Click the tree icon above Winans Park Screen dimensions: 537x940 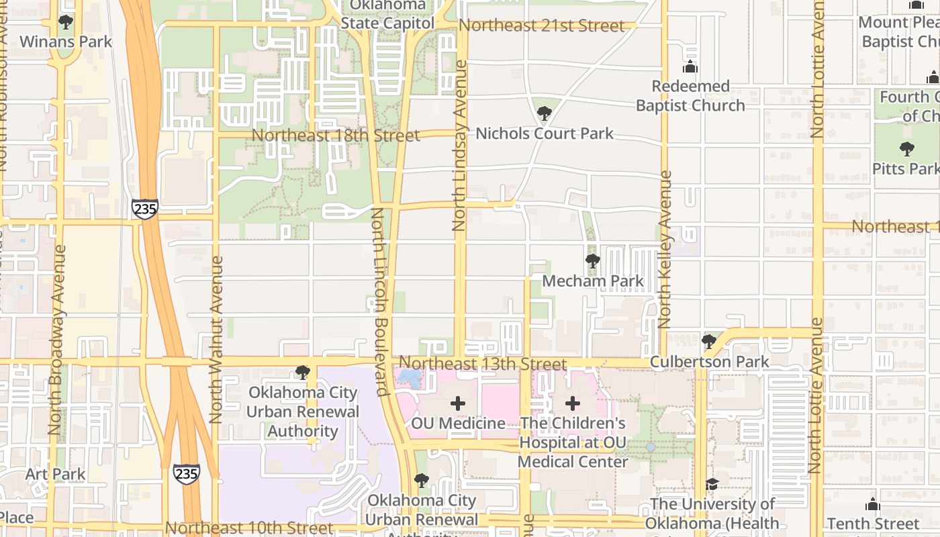click(66, 22)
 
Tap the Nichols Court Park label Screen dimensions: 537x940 click(544, 134)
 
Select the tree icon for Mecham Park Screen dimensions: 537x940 click(592, 261)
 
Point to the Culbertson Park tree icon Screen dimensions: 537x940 click(708, 342)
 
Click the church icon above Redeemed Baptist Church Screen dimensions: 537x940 click(690, 67)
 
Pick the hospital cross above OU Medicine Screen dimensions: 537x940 click(458, 403)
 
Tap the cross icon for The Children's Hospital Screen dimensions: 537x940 click(573, 403)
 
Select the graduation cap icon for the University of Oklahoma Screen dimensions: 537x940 click(712, 484)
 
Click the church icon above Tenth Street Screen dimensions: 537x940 click(872, 503)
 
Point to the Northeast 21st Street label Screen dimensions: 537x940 click(541, 26)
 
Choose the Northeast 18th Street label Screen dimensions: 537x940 click(336, 135)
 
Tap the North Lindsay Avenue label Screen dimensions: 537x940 click(460, 146)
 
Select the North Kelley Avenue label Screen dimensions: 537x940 click(665, 249)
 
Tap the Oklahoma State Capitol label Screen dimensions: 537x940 click(387, 14)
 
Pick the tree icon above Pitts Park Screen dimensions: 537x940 click(906, 148)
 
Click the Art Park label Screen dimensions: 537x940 click(56, 474)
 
